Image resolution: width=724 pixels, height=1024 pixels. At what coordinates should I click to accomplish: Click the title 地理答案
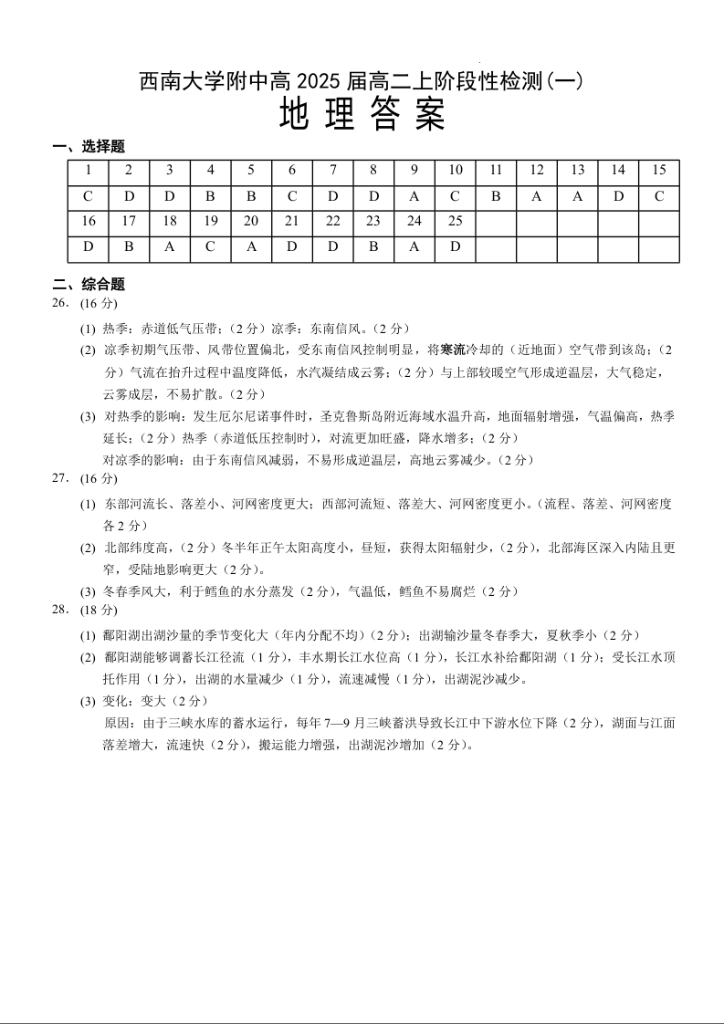(x=362, y=115)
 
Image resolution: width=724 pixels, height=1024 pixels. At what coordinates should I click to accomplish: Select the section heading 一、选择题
(x=89, y=147)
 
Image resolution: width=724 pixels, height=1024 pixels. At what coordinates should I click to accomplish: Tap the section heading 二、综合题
(x=89, y=285)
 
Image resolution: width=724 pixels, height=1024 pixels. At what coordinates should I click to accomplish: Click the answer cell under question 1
(x=89, y=197)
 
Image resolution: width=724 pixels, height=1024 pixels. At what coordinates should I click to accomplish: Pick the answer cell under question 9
(x=414, y=197)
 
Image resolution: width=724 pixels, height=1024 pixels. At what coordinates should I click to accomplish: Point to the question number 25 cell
(x=456, y=222)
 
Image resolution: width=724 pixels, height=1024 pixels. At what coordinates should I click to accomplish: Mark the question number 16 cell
(x=89, y=222)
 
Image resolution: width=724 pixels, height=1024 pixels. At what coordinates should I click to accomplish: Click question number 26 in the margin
(x=60, y=303)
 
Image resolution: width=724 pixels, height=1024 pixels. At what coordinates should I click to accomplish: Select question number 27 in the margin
(x=60, y=478)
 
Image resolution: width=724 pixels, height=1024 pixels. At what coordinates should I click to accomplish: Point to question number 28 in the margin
(x=60, y=610)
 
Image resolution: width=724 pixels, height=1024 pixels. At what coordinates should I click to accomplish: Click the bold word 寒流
(x=453, y=350)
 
